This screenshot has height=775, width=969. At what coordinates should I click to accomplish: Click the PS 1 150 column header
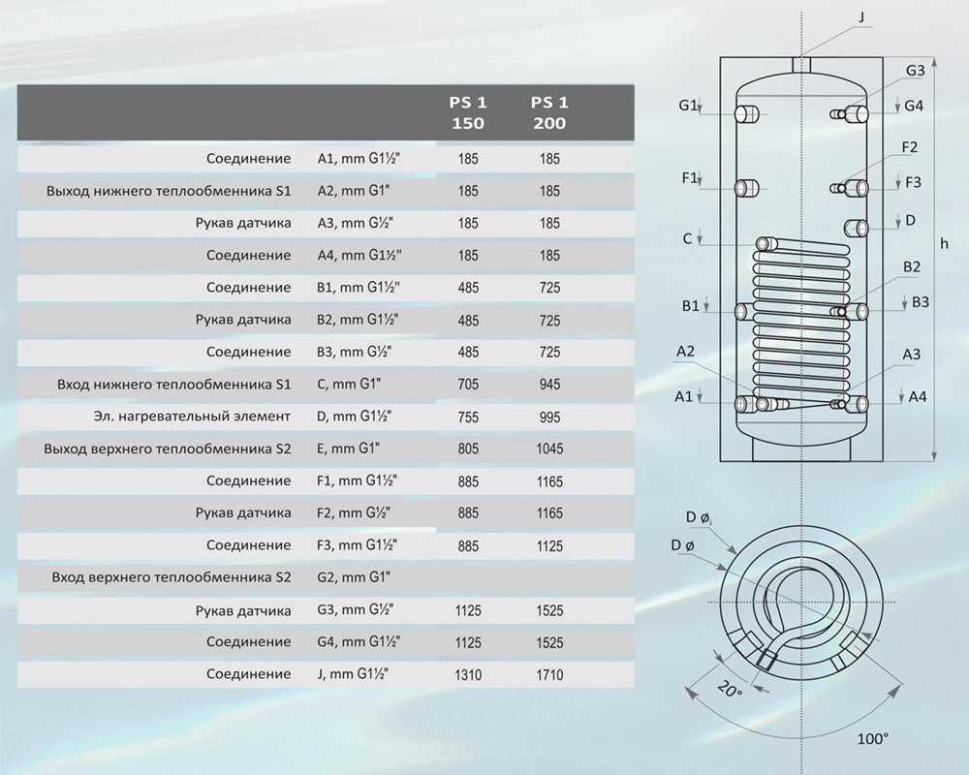click(x=468, y=112)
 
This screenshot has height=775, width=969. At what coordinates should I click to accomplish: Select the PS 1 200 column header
click(x=549, y=112)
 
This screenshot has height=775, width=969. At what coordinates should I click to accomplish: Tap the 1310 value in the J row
click(x=468, y=675)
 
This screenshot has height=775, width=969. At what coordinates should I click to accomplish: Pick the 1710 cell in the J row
click(x=549, y=675)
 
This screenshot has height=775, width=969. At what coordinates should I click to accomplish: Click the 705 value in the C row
click(x=468, y=385)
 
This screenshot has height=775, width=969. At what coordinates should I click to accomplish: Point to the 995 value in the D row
click(x=549, y=418)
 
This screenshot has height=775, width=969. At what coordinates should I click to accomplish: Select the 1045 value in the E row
click(x=549, y=449)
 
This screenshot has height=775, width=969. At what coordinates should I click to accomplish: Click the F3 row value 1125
click(x=549, y=546)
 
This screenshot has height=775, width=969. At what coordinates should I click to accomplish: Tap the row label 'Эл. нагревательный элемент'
click(x=192, y=417)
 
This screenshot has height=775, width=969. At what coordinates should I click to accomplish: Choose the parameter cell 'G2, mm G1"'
click(x=354, y=577)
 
